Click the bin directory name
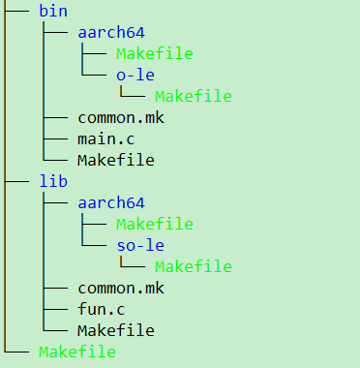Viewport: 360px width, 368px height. click(51, 12)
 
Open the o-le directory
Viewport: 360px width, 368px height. click(135, 75)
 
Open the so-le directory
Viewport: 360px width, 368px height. click(139, 245)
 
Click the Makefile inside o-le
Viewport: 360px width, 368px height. click(193, 96)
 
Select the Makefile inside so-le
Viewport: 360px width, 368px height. click(193, 266)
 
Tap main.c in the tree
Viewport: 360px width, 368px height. click(106, 138)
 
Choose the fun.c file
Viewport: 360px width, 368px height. click(103, 309)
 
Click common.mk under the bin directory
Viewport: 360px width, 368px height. click(121, 117)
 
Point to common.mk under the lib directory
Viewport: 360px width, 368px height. click(121, 288)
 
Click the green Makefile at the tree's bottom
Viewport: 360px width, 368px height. click(77, 352)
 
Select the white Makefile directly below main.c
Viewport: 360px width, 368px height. click(116, 160)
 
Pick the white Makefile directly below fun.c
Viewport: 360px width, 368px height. click(116, 330)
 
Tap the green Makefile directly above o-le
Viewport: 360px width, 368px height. click(154, 53)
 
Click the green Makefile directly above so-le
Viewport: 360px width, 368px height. click(154, 224)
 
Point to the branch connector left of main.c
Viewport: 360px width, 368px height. click(56, 138)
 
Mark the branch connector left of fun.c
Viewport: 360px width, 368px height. click(56, 309)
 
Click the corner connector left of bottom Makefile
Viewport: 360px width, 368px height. click(17, 352)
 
